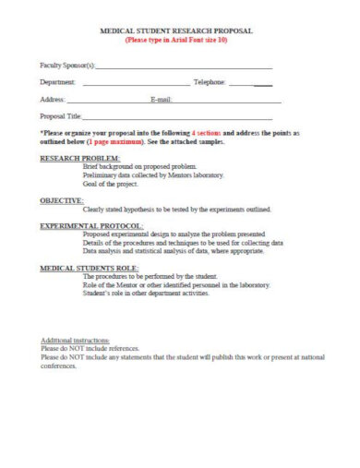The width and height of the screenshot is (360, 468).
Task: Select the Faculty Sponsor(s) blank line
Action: [x=184, y=68]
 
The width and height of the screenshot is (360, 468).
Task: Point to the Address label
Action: [x=53, y=99]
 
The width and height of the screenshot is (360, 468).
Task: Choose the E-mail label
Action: [x=162, y=99]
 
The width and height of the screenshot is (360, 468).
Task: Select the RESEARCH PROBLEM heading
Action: [x=79, y=159]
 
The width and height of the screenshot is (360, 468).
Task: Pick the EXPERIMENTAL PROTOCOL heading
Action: [x=91, y=225]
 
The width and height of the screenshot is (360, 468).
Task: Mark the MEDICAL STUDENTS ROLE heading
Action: [x=89, y=268]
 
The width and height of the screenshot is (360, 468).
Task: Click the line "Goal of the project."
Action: [x=114, y=184]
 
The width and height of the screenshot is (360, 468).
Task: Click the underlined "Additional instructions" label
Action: [x=76, y=342]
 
